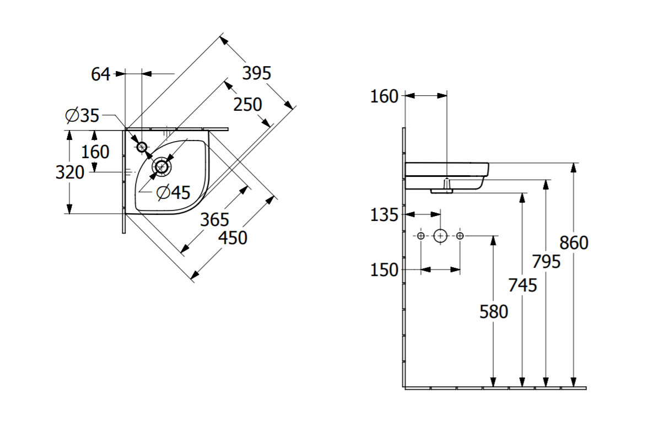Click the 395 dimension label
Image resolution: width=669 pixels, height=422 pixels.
(257, 73)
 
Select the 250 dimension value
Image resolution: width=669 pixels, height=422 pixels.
(247, 104)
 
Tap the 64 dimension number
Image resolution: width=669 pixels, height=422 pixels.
(101, 74)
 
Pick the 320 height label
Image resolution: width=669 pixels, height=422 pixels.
(70, 172)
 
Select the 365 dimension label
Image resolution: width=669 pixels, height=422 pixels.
(214, 219)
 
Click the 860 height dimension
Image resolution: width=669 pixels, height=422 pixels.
(574, 242)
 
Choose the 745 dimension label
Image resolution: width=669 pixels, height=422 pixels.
(522, 285)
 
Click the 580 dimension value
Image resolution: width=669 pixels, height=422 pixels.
(493, 312)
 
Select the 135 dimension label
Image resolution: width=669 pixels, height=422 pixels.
(384, 215)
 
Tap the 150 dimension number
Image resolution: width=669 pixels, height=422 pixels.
(384, 270)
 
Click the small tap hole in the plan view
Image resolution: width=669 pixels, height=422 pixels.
(142, 147)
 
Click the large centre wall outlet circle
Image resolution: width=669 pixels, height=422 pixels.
(440, 236)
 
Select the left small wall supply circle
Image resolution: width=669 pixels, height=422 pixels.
(421, 236)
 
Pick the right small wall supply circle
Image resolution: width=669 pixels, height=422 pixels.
(460, 236)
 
